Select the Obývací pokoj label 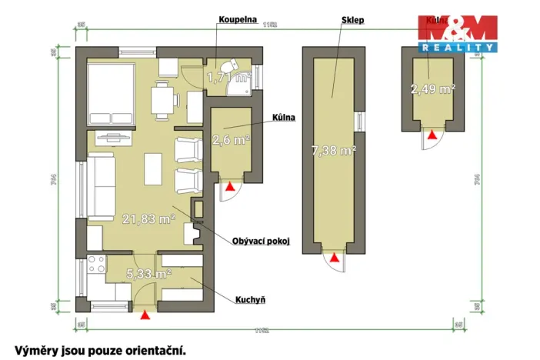(261, 241)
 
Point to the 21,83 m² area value (148, 218)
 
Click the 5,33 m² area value (148, 274)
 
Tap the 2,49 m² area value (432, 89)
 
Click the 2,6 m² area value (231, 140)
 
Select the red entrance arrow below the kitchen (146, 312)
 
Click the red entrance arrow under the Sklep (334, 258)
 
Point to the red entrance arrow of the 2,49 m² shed (432, 135)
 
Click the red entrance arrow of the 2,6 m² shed (230, 185)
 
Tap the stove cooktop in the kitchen (97, 265)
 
